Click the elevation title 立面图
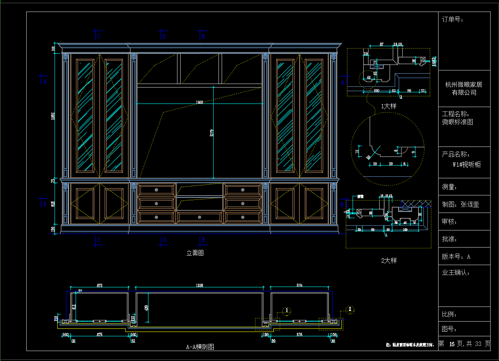(x=195, y=253)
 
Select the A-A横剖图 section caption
(x=200, y=347)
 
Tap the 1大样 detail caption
(x=388, y=106)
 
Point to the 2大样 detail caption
(x=389, y=261)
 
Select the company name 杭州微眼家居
(x=464, y=84)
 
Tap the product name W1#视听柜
(x=466, y=164)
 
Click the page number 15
(x=452, y=344)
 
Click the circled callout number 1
(x=287, y=310)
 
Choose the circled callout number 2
(x=350, y=309)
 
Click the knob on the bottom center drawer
(x=199, y=217)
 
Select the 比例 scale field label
(x=449, y=314)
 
